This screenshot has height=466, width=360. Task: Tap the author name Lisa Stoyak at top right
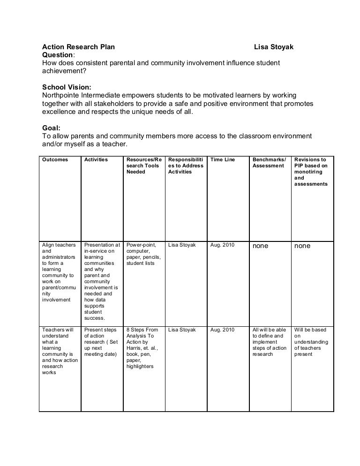[274, 47]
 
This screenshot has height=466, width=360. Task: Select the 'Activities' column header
[96, 160]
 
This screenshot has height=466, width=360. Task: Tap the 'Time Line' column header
[223, 160]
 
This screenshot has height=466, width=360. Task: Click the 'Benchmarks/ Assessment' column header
[269, 163]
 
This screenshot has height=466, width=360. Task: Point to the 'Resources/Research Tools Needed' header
[142, 165]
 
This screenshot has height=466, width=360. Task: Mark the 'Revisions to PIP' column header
[311, 163]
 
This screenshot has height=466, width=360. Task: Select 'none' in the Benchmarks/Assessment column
[261, 246]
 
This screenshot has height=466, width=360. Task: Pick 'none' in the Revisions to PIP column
[302, 246]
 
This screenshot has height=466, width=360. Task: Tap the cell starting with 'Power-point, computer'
[142, 254]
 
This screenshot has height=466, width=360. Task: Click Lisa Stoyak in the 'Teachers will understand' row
[181, 330]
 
